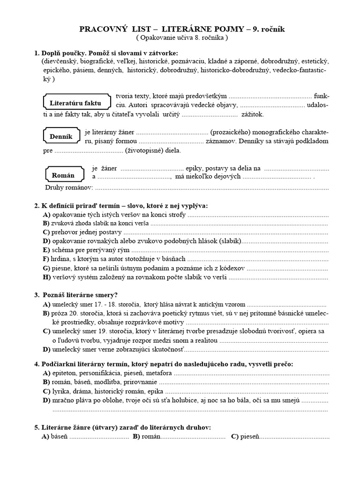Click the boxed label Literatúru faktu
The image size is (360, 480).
click(x=75, y=103)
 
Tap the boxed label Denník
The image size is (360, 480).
click(x=61, y=136)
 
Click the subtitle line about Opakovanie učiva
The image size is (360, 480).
click(x=182, y=38)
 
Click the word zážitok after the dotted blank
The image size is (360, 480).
click(x=253, y=114)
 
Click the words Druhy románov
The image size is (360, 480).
click(x=69, y=188)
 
